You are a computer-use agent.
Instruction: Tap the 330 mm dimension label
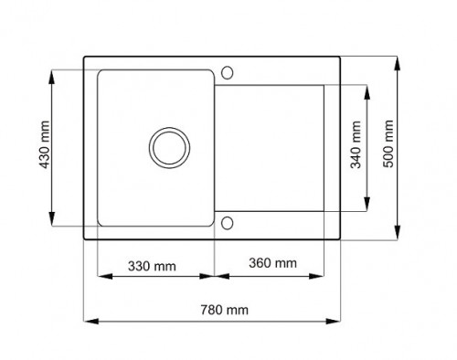151,266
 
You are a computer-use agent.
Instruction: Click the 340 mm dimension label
355,148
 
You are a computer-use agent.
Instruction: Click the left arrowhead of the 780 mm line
87,320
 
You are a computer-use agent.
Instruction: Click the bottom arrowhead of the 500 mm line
400,236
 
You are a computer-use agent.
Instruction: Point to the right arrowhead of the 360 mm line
323,275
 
